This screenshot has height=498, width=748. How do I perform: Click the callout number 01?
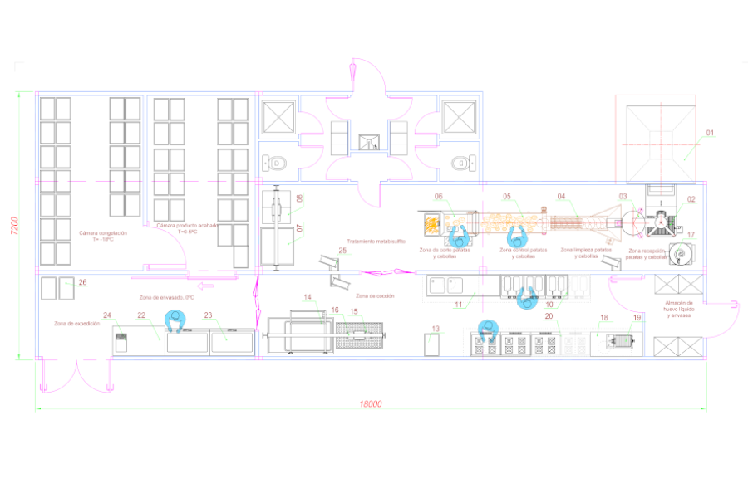point(710,133)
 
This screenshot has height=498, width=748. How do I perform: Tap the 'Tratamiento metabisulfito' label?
point(376,241)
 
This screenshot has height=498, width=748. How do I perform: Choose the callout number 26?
point(82,283)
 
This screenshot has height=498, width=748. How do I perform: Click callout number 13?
point(436,329)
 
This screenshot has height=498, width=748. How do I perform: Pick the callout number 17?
point(691,235)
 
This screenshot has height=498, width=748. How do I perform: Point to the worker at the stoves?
point(486,330)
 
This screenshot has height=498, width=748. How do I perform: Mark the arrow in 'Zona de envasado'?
point(207,286)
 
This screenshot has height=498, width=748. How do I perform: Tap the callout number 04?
point(562,197)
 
